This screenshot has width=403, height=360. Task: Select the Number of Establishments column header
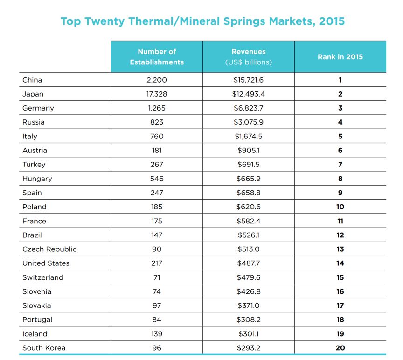(157, 57)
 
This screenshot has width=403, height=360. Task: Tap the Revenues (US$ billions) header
(249, 57)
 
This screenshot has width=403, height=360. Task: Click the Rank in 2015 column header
(340, 57)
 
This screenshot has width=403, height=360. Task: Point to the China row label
(32, 80)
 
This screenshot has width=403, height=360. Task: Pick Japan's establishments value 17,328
(157, 94)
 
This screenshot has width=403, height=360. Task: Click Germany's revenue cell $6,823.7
(249, 108)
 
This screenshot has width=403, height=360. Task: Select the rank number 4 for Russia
(340, 122)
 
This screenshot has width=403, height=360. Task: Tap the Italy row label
(29, 136)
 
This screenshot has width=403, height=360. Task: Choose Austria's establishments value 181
(157, 150)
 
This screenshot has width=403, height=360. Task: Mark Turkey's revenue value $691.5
(249, 165)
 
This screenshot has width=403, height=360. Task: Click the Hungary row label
(37, 179)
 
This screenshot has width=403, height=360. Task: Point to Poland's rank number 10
(340, 207)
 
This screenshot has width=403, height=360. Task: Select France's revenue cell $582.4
(249, 221)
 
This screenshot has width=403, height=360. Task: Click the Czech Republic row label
(49, 249)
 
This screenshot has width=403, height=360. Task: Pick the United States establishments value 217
(157, 263)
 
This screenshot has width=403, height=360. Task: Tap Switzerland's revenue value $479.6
(249, 277)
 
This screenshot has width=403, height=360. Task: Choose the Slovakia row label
(36, 305)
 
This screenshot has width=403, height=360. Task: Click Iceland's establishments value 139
(157, 334)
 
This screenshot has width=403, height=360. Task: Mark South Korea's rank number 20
(340, 348)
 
